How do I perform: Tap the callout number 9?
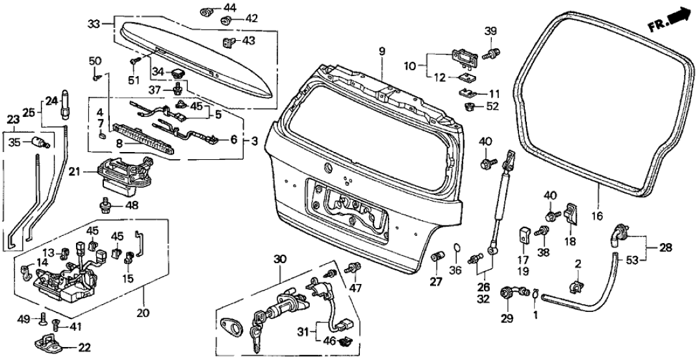[x=382, y=51]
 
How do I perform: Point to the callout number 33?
[x=95, y=24]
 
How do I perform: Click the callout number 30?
[x=280, y=259]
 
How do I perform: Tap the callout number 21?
[x=73, y=172]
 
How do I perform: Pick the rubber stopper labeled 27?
[x=437, y=256]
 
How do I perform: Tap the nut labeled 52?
[x=468, y=107]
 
